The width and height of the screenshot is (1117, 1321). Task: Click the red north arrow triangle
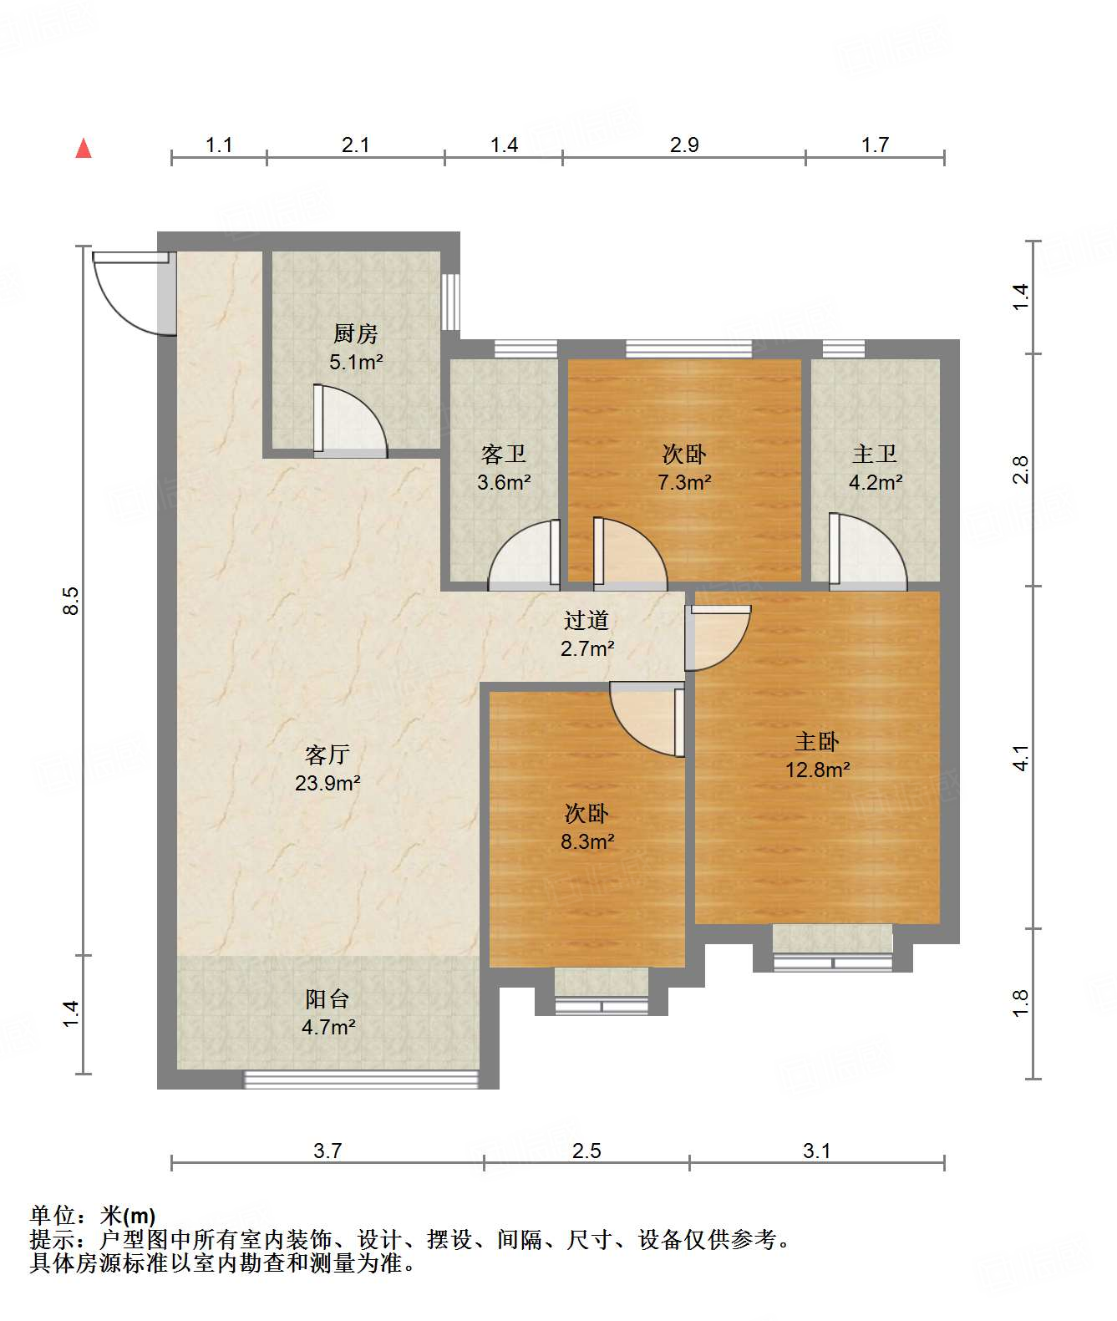coord(84,149)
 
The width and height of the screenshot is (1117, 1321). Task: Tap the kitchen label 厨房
coord(355,333)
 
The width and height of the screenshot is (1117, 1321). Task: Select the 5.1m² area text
coord(355,362)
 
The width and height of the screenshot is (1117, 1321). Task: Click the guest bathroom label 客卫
coord(504,454)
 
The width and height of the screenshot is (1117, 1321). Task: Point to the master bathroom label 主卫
coord(875,454)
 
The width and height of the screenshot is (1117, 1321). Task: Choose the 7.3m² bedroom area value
coord(684,482)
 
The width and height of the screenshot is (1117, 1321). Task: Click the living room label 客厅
coord(327,754)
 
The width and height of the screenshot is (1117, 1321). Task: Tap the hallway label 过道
coord(586,620)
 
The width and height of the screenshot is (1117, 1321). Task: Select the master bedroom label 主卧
coord(817,741)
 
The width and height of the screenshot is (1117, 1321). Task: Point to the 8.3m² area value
coord(587,841)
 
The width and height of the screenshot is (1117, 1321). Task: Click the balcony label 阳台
coord(327,998)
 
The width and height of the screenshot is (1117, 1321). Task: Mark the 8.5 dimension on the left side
coord(71,601)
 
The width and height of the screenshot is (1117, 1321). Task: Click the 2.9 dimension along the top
coord(684,145)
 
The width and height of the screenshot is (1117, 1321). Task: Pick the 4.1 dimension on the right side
coord(1021,757)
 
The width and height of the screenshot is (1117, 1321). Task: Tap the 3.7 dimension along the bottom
coord(327,1151)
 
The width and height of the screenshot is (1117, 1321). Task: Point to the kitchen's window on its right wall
coord(450,302)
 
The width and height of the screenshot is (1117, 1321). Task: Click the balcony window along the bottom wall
coord(361,1080)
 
